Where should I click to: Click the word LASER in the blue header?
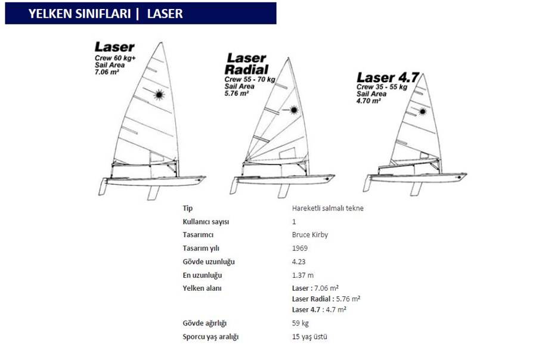click(165, 14)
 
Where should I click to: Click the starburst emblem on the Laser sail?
click(159, 94)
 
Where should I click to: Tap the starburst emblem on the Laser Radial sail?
click(294, 110)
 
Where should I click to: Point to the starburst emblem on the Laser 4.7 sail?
click(423, 111)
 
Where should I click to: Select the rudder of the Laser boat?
click(103, 187)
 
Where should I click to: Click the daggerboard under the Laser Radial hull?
click(284, 191)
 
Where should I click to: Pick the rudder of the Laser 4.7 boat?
click(367, 183)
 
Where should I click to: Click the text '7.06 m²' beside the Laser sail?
click(107, 72)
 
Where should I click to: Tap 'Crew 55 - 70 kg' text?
click(250, 80)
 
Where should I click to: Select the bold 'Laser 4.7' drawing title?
click(388, 77)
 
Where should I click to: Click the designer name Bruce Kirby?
click(310, 235)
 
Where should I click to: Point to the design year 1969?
click(299, 248)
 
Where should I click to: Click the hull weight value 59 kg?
click(301, 323)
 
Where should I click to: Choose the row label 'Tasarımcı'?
click(198, 235)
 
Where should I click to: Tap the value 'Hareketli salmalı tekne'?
click(328, 208)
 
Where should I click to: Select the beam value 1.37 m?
click(303, 275)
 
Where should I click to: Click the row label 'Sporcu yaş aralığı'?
click(210, 337)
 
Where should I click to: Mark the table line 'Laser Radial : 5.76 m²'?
click(326, 299)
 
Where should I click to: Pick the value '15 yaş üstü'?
click(309, 337)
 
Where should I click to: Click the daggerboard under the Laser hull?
click(153, 193)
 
